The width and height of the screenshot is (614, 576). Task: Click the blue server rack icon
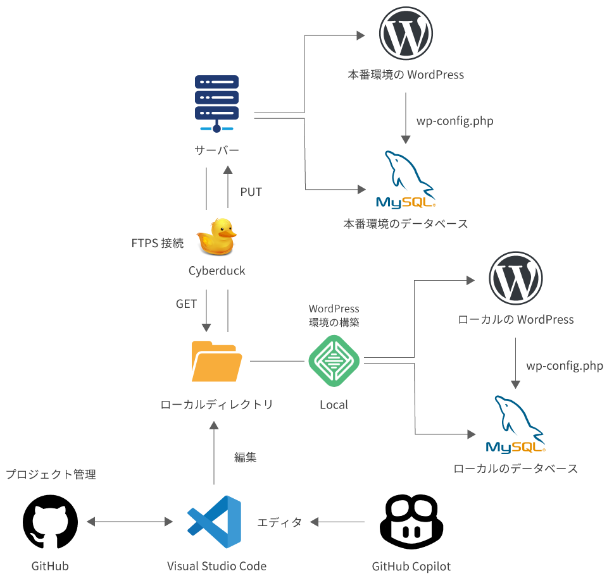click(x=216, y=104)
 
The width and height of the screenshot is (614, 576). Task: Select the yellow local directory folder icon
click(x=216, y=361)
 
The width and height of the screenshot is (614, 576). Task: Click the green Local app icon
click(x=334, y=361)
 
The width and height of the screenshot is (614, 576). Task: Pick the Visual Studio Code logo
click(x=214, y=522)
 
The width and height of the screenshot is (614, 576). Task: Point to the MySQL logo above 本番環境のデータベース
click(x=406, y=180)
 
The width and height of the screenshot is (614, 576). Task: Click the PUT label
click(x=251, y=192)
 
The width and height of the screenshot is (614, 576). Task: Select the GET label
click(x=186, y=304)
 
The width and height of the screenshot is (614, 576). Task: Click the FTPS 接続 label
click(x=158, y=243)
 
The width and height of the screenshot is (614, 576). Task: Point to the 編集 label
click(x=245, y=458)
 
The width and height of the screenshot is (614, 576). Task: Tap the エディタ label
click(x=279, y=522)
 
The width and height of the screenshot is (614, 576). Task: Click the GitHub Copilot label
click(x=411, y=566)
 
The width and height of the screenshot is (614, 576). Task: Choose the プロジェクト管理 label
click(x=51, y=474)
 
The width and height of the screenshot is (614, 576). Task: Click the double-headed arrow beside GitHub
click(x=130, y=522)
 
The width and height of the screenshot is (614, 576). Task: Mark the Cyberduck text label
click(x=216, y=271)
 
